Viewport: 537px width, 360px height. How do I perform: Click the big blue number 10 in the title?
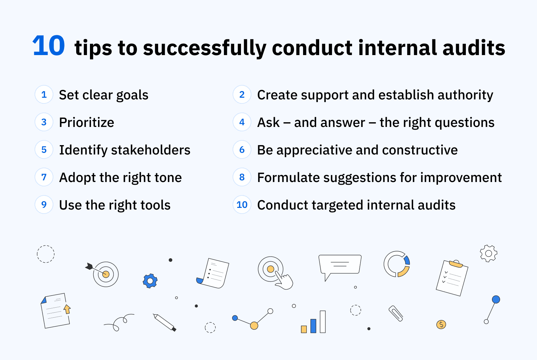tap(49, 46)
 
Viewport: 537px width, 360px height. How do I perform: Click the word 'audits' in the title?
tap(474, 48)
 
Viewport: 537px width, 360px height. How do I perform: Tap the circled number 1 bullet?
tap(44, 95)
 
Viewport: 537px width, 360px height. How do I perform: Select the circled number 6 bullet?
tap(242, 150)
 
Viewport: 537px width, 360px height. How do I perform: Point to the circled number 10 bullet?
tap(242, 205)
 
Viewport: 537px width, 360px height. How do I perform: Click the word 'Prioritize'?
tap(87, 123)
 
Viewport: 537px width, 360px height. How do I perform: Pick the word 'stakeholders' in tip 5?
tap(151, 150)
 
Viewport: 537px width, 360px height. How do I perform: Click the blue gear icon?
tap(150, 281)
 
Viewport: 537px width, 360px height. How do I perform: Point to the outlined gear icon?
tap(489, 254)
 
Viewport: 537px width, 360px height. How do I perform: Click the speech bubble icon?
tap(340, 265)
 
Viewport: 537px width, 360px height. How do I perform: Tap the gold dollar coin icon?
tap(441, 324)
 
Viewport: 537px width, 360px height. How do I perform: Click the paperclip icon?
tap(396, 313)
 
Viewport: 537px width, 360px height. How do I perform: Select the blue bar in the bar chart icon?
tap(313, 326)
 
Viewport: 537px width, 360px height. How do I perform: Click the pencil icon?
tap(164, 322)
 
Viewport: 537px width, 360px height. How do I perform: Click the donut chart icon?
tap(397, 264)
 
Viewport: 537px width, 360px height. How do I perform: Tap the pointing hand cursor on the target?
tap(285, 281)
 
